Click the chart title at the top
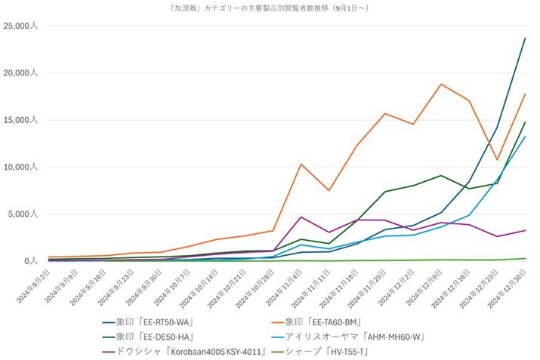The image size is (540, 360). click(270, 8)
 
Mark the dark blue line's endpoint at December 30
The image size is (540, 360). click(525, 38)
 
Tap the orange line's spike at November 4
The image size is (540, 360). click(301, 164)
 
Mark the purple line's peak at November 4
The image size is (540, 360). click(301, 217)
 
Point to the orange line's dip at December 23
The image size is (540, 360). click(497, 159)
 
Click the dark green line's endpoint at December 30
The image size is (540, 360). click(525, 122)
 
